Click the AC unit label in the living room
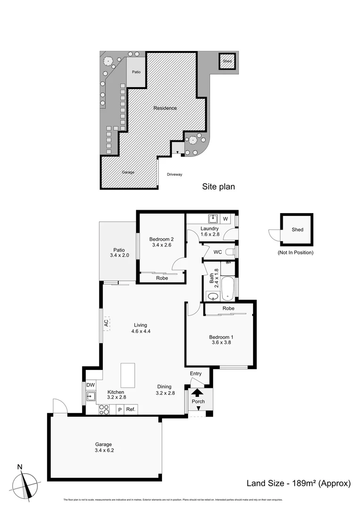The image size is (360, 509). [x=106, y=323]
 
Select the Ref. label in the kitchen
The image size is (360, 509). [x=131, y=410]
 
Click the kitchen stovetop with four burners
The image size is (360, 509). [x=104, y=410]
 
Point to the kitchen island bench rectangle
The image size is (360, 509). [x=128, y=375]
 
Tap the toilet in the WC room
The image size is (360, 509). [x=229, y=253]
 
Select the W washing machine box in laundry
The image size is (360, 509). [x=225, y=219]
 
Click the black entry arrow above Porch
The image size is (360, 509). [x=198, y=391]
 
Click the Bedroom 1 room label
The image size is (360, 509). [x=221, y=340]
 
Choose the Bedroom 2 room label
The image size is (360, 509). [x=162, y=241]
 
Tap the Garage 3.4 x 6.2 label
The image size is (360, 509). [x=104, y=447]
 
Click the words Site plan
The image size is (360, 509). [x=218, y=187]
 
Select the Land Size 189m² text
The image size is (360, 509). [x=299, y=483]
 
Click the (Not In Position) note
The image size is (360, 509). [x=295, y=253]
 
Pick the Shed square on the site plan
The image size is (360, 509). [x=228, y=61]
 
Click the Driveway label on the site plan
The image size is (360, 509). [x=174, y=174]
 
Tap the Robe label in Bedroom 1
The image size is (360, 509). [x=229, y=308]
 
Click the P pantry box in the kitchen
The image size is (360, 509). [x=120, y=410]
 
